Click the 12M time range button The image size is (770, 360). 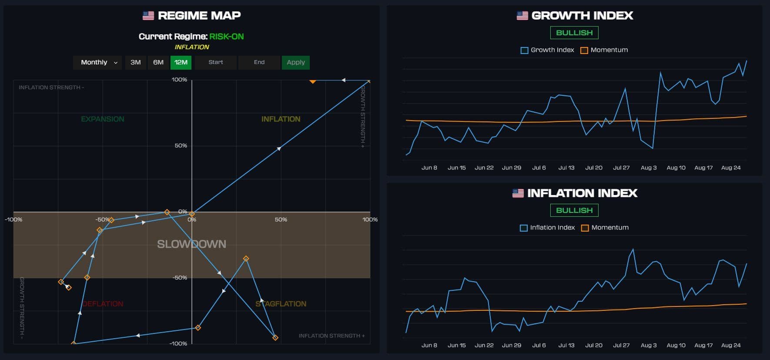click(x=181, y=62)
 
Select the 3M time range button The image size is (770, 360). click(x=136, y=62)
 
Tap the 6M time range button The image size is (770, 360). click(x=158, y=62)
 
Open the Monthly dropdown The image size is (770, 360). click(x=98, y=62)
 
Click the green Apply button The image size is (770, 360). click(x=296, y=62)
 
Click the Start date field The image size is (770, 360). click(x=216, y=62)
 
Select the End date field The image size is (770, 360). click(x=259, y=62)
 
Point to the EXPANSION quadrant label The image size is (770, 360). click(x=103, y=119)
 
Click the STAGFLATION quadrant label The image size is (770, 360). click(x=281, y=304)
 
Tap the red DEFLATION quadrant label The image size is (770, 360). click(x=103, y=304)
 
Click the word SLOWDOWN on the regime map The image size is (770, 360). click(x=191, y=244)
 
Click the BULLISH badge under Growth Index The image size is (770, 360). click(x=574, y=33)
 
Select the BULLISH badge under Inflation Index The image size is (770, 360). click(x=574, y=210)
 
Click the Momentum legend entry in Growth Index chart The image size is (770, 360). click(x=604, y=50)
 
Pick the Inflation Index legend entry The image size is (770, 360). click(x=548, y=228)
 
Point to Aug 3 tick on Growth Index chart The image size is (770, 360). click(x=649, y=168)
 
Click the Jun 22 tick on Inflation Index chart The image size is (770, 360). click(x=484, y=345)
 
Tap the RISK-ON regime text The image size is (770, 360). click(x=227, y=37)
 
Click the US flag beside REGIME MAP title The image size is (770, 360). click(x=148, y=16)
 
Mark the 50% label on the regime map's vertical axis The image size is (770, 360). click(x=181, y=145)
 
